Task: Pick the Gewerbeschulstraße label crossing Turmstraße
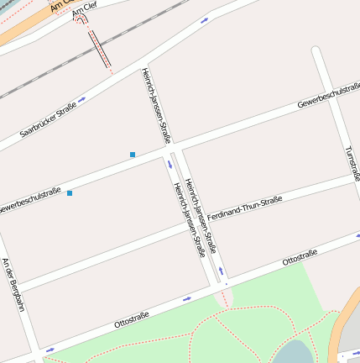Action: click(x=328, y=97)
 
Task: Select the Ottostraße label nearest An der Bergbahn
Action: click(x=131, y=318)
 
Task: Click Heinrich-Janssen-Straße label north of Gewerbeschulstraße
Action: click(x=156, y=104)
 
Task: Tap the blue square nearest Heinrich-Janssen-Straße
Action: click(x=133, y=155)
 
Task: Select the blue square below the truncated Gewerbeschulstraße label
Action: click(x=70, y=193)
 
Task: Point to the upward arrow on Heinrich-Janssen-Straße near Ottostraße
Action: click(x=222, y=271)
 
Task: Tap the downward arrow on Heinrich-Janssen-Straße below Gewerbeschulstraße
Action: click(x=180, y=166)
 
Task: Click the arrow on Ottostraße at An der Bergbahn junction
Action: click(x=50, y=348)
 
